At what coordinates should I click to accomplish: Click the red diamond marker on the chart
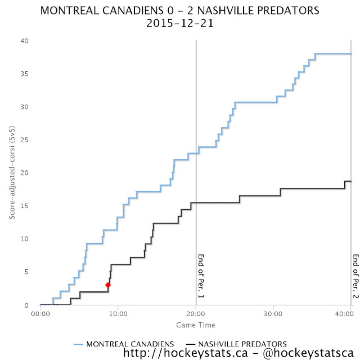tap(108, 285)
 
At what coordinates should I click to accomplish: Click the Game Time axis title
tap(195, 325)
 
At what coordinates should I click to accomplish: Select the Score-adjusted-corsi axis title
tap(12, 173)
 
